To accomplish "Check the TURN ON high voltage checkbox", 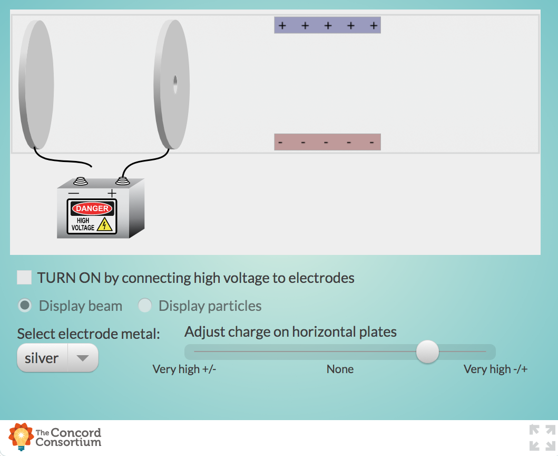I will [24, 278].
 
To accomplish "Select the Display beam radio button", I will [25, 306].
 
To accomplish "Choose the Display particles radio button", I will [144, 306].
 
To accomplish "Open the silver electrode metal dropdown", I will [57, 358].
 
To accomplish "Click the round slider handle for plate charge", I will [427, 351].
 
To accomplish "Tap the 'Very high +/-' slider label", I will [184, 369].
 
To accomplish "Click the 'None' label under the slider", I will [340, 369].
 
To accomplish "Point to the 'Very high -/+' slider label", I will [495, 369].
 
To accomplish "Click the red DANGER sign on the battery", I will [92, 208].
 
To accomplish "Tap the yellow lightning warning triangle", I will [105, 225].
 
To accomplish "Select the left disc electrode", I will [36, 84].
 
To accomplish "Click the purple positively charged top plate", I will [327, 25].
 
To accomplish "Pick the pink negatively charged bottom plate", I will [327, 142].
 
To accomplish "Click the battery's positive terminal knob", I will [122, 181].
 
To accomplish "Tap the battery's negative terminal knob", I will [80, 181].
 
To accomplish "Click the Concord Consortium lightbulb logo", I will [21, 436].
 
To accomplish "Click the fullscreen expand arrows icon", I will [542, 437].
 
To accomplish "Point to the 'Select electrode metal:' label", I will [89, 334].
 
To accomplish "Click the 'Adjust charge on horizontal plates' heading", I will [290, 332].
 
